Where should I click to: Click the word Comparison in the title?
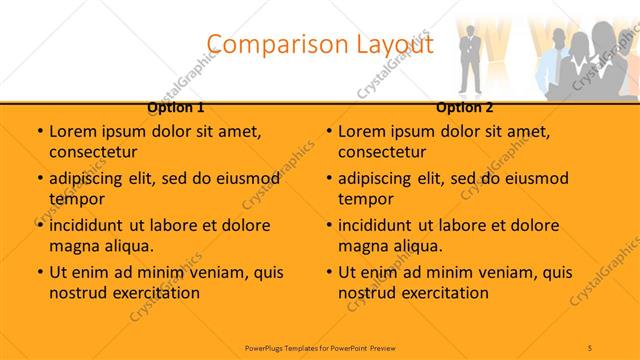[x=269, y=44]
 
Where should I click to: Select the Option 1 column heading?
[x=176, y=107]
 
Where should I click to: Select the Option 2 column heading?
[x=465, y=107]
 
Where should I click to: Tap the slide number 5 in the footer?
[x=590, y=348]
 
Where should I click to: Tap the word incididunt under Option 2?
[x=384, y=225]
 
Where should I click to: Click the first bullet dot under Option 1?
[x=39, y=131]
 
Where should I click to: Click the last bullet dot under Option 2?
[x=328, y=272]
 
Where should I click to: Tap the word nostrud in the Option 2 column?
[x=367, y=292]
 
